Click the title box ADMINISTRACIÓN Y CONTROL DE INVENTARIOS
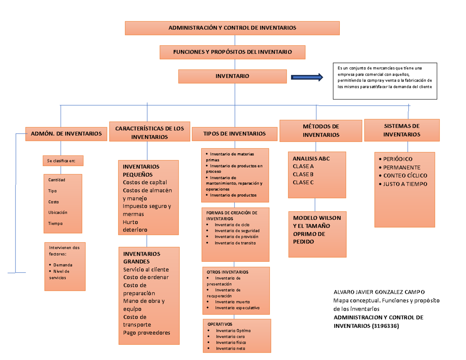(x=232, y=28)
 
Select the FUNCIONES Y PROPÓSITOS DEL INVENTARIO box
(x=233, y=52)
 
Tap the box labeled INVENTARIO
(x=232, y=77)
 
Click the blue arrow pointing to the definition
(x=307, y=77)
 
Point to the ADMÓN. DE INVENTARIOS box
(x=66, y=134)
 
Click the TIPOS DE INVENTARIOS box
(x=235, y=134)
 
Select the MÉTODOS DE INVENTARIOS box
(x=321, y=131)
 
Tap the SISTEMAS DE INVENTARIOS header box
(x=402, y=130)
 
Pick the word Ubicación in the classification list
(x=57, y=212)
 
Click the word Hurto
(x=130, y=222)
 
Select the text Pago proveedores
(x=146, y=333)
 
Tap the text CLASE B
(x=303, y=174)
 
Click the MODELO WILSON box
(x=317, y=230)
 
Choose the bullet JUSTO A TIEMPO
(x=405, y=184)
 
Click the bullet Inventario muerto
(x=232, y=302)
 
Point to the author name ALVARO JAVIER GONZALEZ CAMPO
(x=379, y=292)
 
